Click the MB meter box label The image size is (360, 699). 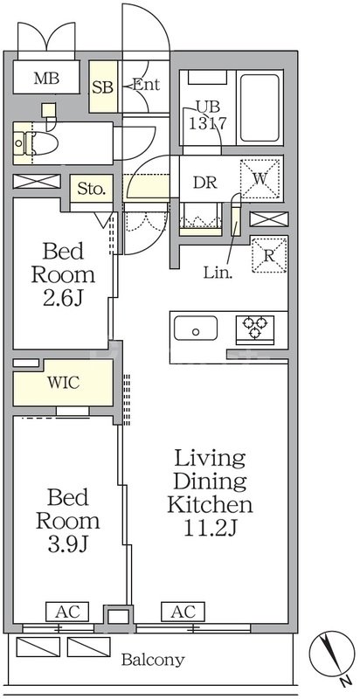coord(47,80)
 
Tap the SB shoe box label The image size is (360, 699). coord(103,87)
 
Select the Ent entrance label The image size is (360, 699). coord(146,85)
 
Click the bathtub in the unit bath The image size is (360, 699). coord(260,107)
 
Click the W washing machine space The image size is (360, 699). coord(260,179)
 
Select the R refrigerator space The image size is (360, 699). coord(268,255)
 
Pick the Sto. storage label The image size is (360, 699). coord(92,190)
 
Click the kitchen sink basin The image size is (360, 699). coord(195,329)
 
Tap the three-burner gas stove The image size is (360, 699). coord(255,329)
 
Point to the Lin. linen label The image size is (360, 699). coord(218,273)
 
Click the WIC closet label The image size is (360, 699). coord(64,383)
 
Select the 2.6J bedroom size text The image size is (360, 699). coord(62,300)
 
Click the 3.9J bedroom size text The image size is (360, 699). coord(68,544)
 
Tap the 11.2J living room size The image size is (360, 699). coord(210,529)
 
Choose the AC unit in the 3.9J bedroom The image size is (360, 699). coord(67,612)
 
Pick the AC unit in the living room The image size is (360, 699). coord(183,612)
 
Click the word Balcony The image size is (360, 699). coord(153,660)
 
